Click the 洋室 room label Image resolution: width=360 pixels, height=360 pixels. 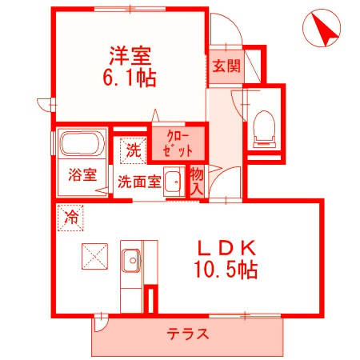[130, 56]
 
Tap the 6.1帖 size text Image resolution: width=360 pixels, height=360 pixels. [130, 78]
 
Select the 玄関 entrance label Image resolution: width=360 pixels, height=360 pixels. [226, 66]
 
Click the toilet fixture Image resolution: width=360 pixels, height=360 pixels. [264, 129]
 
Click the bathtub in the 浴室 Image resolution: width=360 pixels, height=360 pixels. [82, 144]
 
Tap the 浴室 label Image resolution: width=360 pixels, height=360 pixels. [82, 175]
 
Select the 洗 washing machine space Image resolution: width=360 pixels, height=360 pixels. [134, 150]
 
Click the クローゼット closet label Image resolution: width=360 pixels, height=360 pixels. [178, 144]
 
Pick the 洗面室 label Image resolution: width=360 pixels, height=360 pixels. [139, 182]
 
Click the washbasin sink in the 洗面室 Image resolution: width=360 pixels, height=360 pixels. [174, 182]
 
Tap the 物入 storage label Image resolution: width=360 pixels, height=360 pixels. [197, 182]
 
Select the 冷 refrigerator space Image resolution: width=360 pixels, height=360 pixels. [70, 218]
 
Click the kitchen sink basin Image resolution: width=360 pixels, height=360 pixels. [132, 260]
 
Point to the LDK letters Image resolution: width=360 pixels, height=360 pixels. [226, 248]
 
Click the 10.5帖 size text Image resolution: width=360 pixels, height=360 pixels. [226, 270]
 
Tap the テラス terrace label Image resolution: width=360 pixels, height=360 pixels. [187, 334]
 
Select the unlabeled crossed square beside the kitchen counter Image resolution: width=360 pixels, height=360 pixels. [94, 256]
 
